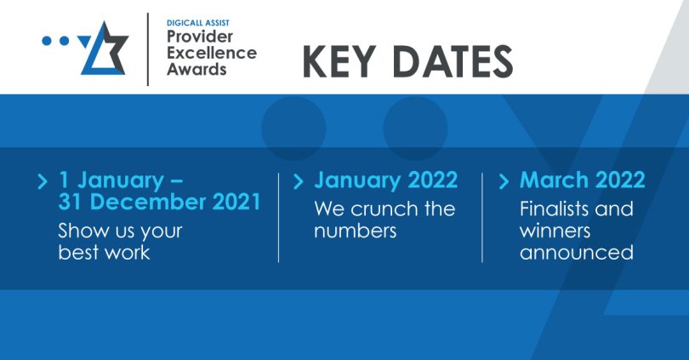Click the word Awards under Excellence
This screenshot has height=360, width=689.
pyautogui.click(x=196, y=69)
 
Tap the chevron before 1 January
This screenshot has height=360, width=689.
pyautogui.click(x=43, y=180)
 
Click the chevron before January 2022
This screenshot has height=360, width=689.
pyautogui.click(x=298, y=180)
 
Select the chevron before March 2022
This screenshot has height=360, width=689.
pyautogui.click(x=504, y=180)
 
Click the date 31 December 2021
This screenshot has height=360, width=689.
pyautogui.click(x=159, y=203)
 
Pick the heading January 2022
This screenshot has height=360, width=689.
pyautogui.click(x=385, y=180)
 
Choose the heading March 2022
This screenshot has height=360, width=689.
pyautogui.click(x=582, y=180)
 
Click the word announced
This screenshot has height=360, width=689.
pyautogui.click(x=577, y=253)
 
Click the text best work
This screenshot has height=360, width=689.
pyautogui.click(x=104, y=253)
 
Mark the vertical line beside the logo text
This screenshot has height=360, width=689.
pyautogui.click(x=148, y=49)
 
